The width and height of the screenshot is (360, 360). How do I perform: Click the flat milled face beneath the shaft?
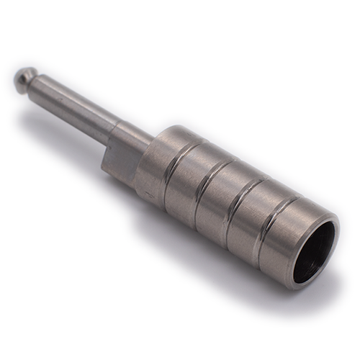(119, 163)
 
